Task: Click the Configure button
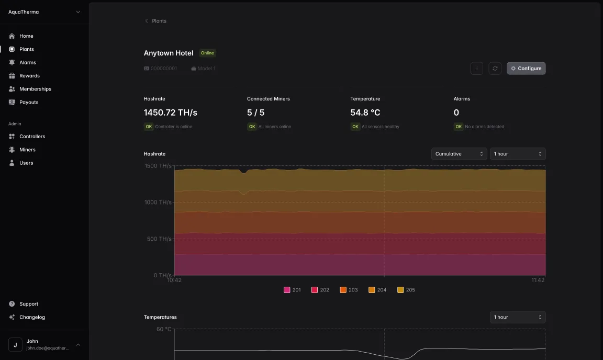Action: point(526,69)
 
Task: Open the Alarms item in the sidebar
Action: point(27,62)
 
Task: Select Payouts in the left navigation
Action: point(29,102)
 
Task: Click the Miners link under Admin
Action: point(27,150)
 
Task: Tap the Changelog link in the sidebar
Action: point(32,317)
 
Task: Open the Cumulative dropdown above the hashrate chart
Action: point(459,154)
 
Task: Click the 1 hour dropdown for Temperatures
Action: point(518,317)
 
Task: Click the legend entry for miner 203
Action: point(349,290)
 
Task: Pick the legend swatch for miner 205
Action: point(400,290)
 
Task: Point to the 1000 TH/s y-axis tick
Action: point(158,202)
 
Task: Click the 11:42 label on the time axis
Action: point(538,280)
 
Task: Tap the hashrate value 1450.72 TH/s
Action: point(170,113)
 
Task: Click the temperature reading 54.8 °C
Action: point(365,113)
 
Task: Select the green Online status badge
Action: point(207,53)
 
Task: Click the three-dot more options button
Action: point(476,69)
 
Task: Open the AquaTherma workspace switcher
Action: point(44,12)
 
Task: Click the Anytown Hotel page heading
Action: point(169,53)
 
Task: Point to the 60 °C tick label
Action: point(164,329)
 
